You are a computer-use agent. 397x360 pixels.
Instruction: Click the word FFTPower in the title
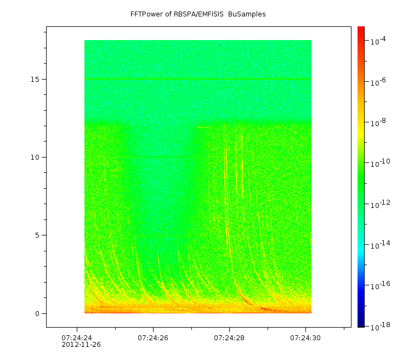point(147,14)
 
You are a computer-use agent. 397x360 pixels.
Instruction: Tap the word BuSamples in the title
point(247,14)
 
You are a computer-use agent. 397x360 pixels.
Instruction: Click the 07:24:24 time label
point(77,337)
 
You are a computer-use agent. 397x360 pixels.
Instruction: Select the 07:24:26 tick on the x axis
point(153,337)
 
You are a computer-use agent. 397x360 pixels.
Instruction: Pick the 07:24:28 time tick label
point(229,337)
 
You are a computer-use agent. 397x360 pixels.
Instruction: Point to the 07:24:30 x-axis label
point(305,337)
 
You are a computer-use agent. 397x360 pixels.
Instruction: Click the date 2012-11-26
point(81,345)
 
